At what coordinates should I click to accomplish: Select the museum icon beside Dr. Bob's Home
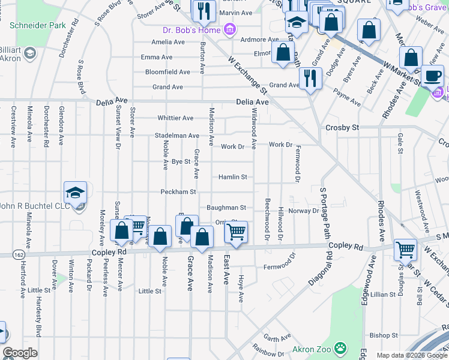(229, 29)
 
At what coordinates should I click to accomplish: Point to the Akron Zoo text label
(312, 349)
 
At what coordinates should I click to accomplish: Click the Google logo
(20, 353)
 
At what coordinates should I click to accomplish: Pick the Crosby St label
(342, 128)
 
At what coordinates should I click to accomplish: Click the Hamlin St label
(232, 177)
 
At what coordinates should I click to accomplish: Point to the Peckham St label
(178, 192)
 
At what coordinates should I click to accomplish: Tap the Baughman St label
(226, 208)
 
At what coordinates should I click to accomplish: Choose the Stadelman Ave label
(176, 136)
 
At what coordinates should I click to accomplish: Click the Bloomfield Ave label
(167, 72)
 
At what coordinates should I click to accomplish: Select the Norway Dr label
(303, 211)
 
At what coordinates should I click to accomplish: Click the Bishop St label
(384, 335)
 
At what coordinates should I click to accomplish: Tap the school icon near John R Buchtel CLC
(76, 192)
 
